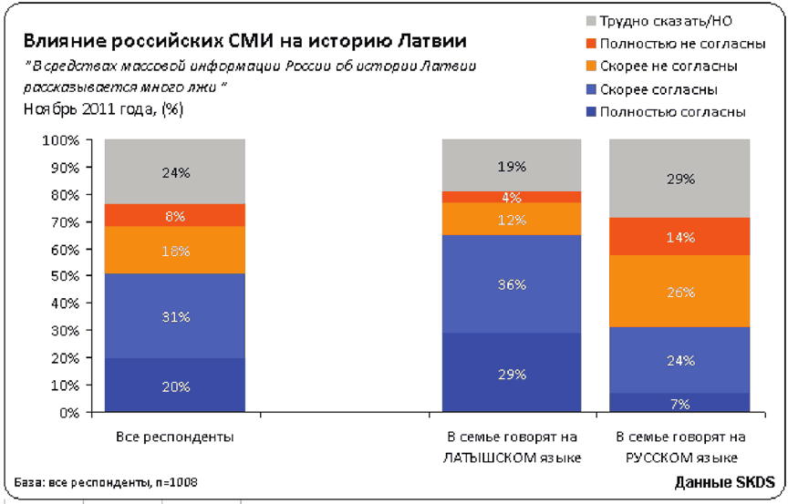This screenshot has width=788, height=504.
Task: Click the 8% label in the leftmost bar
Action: (175, 216)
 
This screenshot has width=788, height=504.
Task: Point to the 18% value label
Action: (175, 251)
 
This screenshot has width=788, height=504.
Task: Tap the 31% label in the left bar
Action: (175, 317)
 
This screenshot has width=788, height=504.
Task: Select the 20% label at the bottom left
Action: (175, 386)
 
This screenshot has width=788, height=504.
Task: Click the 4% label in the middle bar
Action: (512, 198)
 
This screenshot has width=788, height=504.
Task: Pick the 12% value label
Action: (512, 220)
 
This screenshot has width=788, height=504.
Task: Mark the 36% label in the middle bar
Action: (512, 284)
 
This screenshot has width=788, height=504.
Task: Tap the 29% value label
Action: (512, 375)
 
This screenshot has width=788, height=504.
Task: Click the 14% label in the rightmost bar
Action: (679, 237)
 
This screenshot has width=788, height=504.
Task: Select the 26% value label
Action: (679, 293)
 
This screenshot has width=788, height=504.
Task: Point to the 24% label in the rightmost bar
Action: (679, 361)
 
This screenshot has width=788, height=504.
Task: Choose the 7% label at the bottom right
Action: (679, 404)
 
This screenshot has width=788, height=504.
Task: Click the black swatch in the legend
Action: (592, 19)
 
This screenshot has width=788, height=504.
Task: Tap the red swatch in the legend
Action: (592, 43)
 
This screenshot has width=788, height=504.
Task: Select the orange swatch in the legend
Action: (592, 66)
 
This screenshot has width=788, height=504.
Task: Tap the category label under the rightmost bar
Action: (679, 446)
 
